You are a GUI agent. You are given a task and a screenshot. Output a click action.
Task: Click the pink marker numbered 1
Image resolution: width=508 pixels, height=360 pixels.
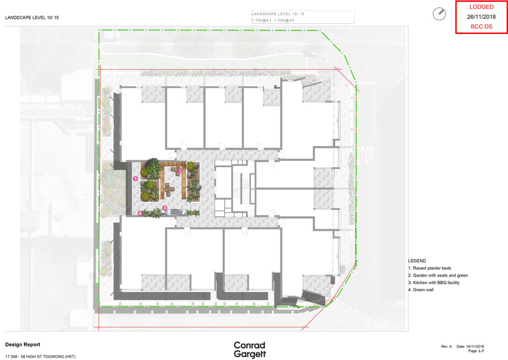click(136, 178)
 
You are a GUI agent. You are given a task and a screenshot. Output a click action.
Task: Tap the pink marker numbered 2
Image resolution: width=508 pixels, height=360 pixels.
click(180, 171)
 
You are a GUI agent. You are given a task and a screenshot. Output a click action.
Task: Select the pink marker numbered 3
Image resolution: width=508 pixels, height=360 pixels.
click(165, 207)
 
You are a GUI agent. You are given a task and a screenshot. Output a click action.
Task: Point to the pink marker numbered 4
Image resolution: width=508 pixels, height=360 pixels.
click(140, 213)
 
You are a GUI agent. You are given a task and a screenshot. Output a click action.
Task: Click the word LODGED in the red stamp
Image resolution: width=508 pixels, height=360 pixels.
click(482, 7)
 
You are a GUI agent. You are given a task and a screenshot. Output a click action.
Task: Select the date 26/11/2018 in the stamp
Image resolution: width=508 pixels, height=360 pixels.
click(482, 17)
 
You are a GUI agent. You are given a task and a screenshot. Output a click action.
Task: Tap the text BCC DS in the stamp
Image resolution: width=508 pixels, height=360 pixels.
click(482, 26)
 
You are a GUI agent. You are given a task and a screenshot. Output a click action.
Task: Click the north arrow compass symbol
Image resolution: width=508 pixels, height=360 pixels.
click(439, 14)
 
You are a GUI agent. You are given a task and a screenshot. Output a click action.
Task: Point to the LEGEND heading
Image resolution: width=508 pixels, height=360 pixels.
click(417, 261)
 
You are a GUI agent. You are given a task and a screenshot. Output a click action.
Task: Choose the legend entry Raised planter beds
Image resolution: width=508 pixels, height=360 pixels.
click(430, 268)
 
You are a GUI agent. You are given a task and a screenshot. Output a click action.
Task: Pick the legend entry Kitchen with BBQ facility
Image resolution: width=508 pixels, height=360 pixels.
click(434, 283)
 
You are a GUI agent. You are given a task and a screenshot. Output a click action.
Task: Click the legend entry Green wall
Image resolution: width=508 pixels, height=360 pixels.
click(421, 290)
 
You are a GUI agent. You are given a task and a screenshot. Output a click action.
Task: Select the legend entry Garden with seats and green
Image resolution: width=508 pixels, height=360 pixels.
click(438, 276)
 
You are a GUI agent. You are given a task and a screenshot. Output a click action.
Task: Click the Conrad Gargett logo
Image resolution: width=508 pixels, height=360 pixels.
click(250, 350)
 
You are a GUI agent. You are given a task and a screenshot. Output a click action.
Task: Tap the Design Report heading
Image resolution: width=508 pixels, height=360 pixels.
click(23, 344)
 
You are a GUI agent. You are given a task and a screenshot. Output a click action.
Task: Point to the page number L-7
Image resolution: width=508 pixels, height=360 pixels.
click(481, 351)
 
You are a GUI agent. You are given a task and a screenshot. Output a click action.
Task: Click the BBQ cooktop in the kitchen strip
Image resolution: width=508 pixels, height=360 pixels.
click(175, 212)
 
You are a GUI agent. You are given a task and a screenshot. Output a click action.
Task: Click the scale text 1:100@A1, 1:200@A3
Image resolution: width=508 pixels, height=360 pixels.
click(273, 20)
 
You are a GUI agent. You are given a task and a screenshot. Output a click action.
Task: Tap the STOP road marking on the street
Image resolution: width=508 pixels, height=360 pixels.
click(365, 155)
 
